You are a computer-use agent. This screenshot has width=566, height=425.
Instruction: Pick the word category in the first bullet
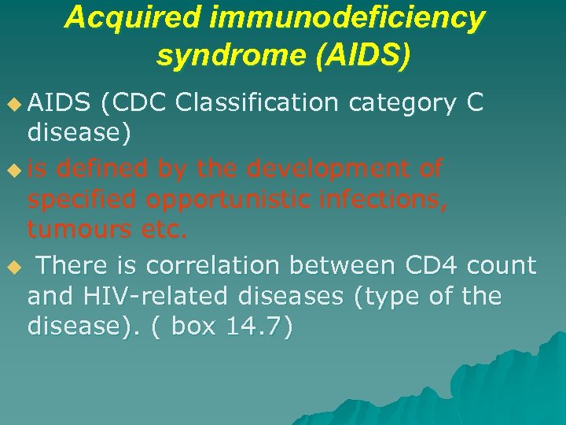[402, 102]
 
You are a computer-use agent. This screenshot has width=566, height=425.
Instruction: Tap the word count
[502, 265]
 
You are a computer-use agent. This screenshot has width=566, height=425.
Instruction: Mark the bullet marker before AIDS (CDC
[11, 102]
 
